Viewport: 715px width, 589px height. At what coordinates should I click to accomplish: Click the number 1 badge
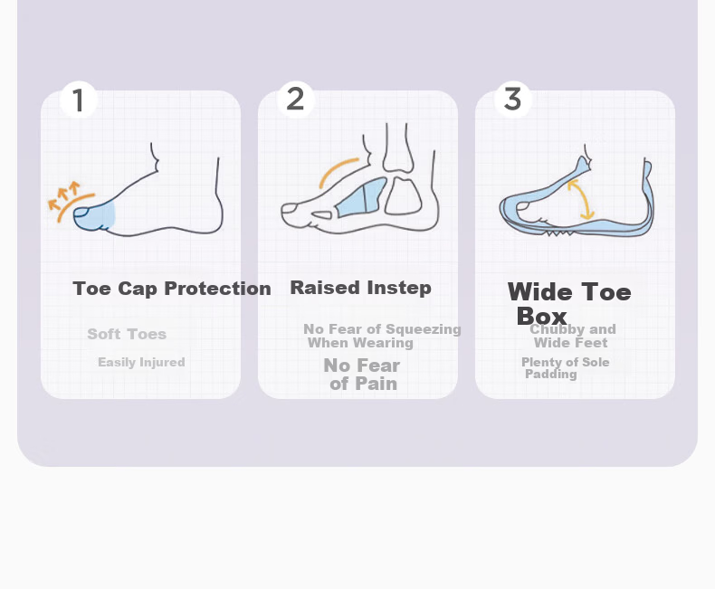79,100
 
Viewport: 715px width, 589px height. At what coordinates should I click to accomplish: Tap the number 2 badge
295,100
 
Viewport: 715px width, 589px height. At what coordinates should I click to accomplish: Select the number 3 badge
513,100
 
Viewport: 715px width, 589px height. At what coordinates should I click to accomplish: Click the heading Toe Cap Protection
172,289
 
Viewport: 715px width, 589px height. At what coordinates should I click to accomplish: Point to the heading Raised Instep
361,288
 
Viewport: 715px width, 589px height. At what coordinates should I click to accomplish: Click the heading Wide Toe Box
569,304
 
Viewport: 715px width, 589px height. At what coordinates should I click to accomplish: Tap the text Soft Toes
127,334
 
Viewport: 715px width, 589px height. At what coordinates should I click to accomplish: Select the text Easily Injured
141,363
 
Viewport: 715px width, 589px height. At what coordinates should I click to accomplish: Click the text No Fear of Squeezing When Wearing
382,336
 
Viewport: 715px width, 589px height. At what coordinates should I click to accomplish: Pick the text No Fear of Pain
362,375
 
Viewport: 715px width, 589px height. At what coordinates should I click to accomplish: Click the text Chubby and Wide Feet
573,336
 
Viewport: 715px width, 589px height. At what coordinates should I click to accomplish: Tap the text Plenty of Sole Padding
566,368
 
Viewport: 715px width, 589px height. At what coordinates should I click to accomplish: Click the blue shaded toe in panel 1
94,216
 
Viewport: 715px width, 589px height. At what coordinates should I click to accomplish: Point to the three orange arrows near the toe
64,195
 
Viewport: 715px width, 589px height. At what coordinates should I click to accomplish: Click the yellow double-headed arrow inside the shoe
580,199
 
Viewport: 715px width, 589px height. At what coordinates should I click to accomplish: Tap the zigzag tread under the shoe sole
560,233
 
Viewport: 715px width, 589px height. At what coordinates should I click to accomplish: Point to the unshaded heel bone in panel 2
403,196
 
